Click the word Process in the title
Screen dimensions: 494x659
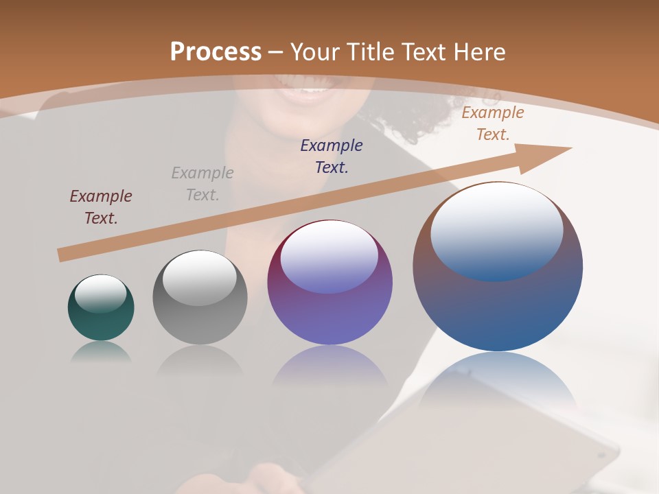[216, 51]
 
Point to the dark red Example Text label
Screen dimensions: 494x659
[101, 207]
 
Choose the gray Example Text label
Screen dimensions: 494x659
[203, 184]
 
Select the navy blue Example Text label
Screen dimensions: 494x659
[332, 156]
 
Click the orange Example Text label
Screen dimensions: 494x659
[493, 123]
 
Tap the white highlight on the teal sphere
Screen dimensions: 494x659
[101, 294]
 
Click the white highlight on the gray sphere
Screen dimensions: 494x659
[199, 277]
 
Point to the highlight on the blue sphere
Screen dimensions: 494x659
[497, 230]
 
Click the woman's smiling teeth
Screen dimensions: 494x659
[314, 90]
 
